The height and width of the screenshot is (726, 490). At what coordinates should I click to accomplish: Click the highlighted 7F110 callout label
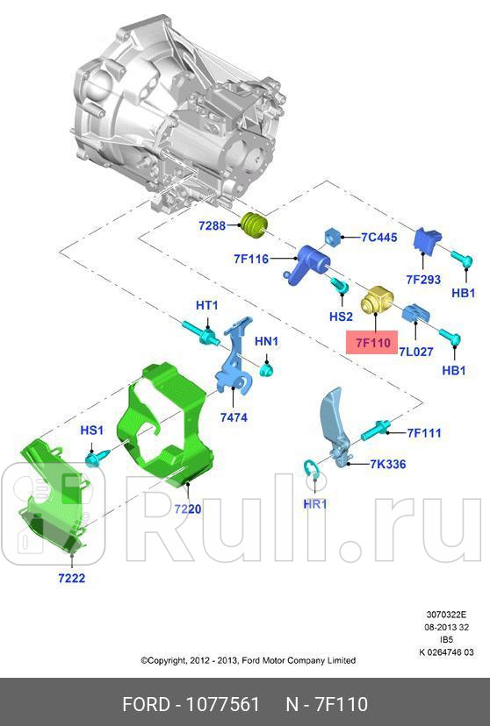(x=372, y=342)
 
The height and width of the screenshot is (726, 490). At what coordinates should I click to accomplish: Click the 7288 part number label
(x=212, y=226)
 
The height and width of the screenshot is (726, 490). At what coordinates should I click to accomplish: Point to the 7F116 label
(x=250, y=259)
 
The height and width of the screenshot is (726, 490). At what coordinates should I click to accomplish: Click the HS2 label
(x=341, y=317)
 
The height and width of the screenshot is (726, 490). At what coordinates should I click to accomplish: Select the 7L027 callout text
(x=416, y=352)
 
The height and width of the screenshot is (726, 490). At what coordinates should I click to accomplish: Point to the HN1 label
(x=266, y=341)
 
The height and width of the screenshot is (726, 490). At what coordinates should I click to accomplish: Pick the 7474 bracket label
(x=234, y=417)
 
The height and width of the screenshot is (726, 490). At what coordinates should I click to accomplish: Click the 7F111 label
(x=423, y=432)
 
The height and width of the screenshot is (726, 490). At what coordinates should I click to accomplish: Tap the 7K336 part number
(x=387, y=464)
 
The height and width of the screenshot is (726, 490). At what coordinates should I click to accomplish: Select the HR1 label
(x=314, y=504)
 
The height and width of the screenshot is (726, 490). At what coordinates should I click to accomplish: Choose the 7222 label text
(x=71, y=578)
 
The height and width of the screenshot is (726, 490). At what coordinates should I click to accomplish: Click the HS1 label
(x=92, y=431)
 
